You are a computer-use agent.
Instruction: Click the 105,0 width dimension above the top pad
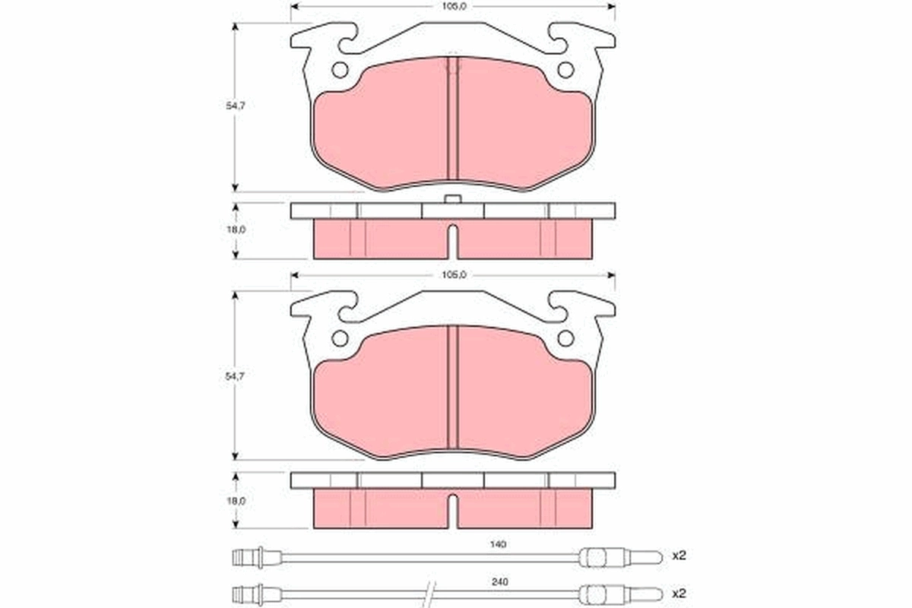click(x=454, y=6)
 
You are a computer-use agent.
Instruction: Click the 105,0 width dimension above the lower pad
click(x=454, y=276)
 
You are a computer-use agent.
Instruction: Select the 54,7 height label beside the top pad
click(x=239, y=106)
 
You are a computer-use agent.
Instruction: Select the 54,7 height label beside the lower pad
click(x=239, y=375)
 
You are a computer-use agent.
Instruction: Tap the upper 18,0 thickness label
click(x=239, y=229)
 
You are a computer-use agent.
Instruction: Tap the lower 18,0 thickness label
click(x=239, y=501)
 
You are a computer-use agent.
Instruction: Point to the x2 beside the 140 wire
click(x=679, y=556)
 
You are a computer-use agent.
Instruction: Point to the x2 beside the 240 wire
click(x=679, y=592)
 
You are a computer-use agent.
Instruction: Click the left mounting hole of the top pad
click(x=340, y=70)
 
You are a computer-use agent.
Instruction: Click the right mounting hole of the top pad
click(x=565, y=70)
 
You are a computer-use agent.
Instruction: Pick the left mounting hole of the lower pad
click(x=340, y=339)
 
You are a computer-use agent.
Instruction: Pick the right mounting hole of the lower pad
click(x=565, y=339)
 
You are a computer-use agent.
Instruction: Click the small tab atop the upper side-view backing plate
click(x=452, y=199)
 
